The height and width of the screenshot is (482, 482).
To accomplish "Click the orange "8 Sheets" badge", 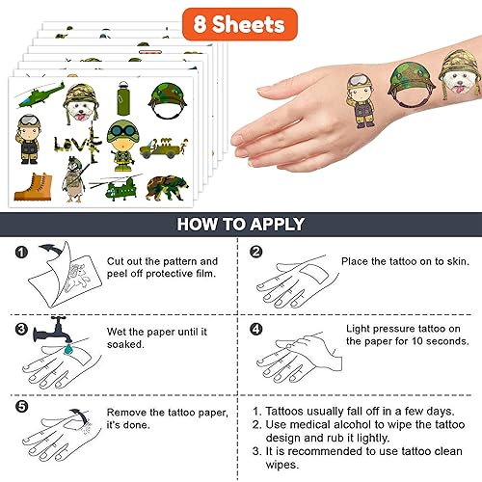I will (x=239, y=22).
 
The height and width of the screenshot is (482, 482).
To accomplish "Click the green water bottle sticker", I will (x=122, y=100).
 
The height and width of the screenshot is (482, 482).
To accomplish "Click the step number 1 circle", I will (x=21, y=253).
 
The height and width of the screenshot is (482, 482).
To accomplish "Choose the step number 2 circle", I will (x=256, y=253).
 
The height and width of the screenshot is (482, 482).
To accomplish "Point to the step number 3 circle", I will (x=21, y=328).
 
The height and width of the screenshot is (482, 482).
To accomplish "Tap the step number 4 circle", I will (x=256, y=328).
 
